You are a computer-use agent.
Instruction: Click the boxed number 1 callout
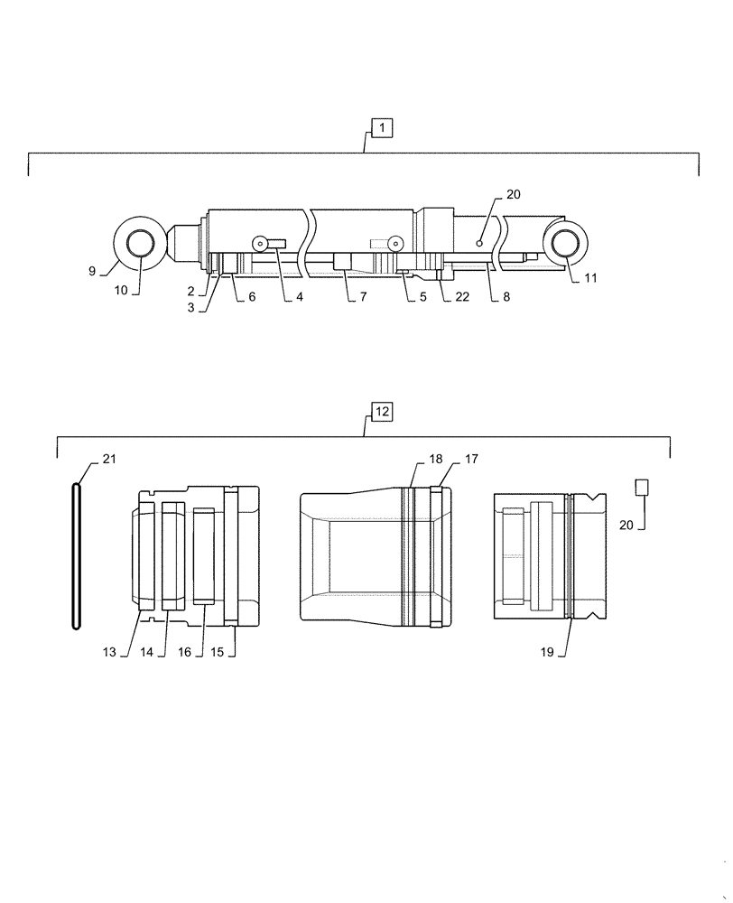(382, 129)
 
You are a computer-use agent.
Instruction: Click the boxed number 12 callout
(382, 412)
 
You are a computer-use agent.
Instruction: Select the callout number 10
(121, 290)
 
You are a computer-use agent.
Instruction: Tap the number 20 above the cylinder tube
(513, 195)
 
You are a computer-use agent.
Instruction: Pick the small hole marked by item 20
(480, 242)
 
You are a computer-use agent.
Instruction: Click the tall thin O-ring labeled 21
(77, 554)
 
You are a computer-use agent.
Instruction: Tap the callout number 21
(108, 460)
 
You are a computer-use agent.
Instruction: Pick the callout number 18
(436, 460)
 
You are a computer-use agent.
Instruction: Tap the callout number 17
(470, 460)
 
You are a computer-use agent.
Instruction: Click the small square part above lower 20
(642, 488)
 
